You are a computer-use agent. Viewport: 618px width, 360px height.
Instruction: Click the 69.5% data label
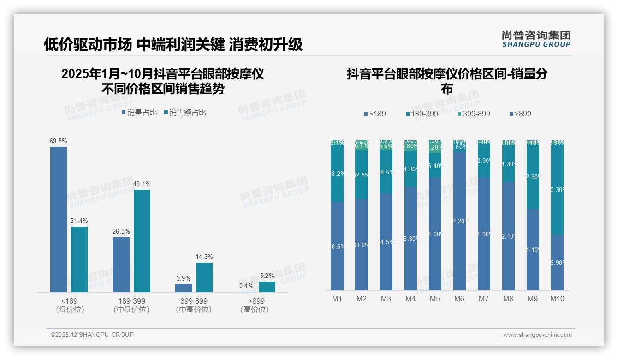pos(59,141)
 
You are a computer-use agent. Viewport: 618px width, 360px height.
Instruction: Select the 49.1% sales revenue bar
pos(142,240)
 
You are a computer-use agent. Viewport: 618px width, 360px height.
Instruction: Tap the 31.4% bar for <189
pos(79,259)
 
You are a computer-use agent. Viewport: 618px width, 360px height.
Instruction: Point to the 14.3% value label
pos(204,257)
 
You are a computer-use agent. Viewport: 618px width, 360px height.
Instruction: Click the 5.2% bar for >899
pos(267,287)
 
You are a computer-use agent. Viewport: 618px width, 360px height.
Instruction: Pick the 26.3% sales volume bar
pos(121,264)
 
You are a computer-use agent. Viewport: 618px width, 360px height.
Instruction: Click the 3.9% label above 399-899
pos(184,278)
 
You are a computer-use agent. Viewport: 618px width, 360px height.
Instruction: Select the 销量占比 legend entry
pos(139,113)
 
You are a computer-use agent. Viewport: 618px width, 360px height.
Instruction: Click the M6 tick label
pos(459,299)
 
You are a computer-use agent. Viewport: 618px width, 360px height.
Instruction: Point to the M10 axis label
pos(557,299)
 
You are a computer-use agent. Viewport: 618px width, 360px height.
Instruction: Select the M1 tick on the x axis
pos(337,299)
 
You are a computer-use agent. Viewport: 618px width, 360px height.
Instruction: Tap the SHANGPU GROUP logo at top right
pos(536,39)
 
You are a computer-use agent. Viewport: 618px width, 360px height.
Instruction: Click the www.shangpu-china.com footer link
pos(537,335)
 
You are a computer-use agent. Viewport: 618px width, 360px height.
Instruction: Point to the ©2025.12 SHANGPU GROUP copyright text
pos(92,335)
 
